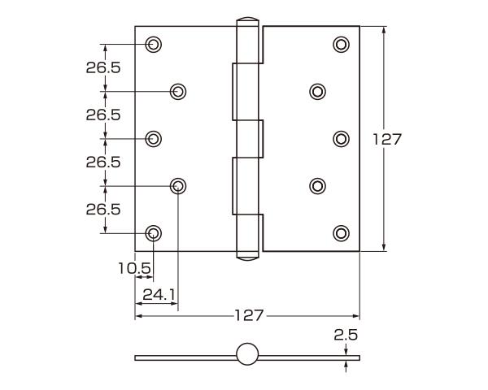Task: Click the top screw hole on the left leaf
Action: [x=153, y=44]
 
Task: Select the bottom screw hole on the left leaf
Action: [x=153, y=234]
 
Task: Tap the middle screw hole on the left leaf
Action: [x=153, y=139]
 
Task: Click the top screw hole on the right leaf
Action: [x=342, y=44]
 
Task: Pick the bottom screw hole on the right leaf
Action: [x=342, y=234]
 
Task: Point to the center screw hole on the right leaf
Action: [x=342, y=139]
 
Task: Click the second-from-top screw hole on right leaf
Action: [x=316, y=91]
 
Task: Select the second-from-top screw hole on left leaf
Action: [x=177, y=91]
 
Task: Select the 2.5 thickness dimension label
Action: [x=346, y=334]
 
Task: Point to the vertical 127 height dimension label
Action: [x=387, y=139]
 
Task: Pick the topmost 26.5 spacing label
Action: [x=103, y=67]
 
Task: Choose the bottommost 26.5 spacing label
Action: [x=103, y=210]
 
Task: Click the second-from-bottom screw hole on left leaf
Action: [x=177, y=186]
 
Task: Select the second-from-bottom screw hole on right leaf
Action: [x=316, y=186]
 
